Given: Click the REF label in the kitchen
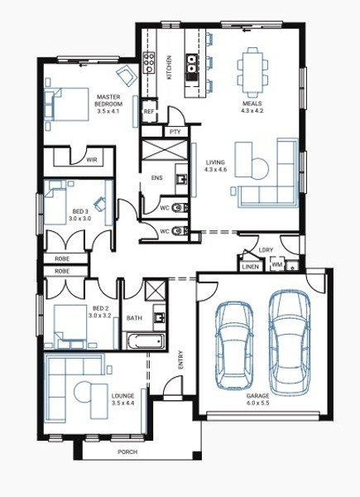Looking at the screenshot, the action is point(149,112).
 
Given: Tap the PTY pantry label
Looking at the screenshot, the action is point(175,132).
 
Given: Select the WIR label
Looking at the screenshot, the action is point(92,159).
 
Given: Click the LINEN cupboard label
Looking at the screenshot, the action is point(251,267).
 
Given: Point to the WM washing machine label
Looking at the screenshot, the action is point(276,264).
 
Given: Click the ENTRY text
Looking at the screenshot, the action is point(180,359).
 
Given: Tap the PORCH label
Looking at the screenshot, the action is point(127,451).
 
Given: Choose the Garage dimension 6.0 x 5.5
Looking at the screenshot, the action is point(257,403).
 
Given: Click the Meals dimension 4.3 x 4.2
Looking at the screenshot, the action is point(252,111).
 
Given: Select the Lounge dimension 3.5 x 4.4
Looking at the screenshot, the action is point(122,403).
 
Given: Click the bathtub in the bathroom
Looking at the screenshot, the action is point(146,340).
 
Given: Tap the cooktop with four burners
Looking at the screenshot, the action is point(149,63).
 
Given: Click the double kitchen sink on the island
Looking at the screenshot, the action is point(191,64).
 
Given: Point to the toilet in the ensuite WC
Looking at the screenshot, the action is point(178,208).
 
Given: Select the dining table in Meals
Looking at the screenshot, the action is point(252,73).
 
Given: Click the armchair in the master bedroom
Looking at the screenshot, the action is point(127,75).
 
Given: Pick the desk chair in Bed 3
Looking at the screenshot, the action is point(100,203).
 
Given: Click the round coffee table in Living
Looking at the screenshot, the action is point(260,168).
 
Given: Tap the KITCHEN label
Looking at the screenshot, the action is point(170,67).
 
